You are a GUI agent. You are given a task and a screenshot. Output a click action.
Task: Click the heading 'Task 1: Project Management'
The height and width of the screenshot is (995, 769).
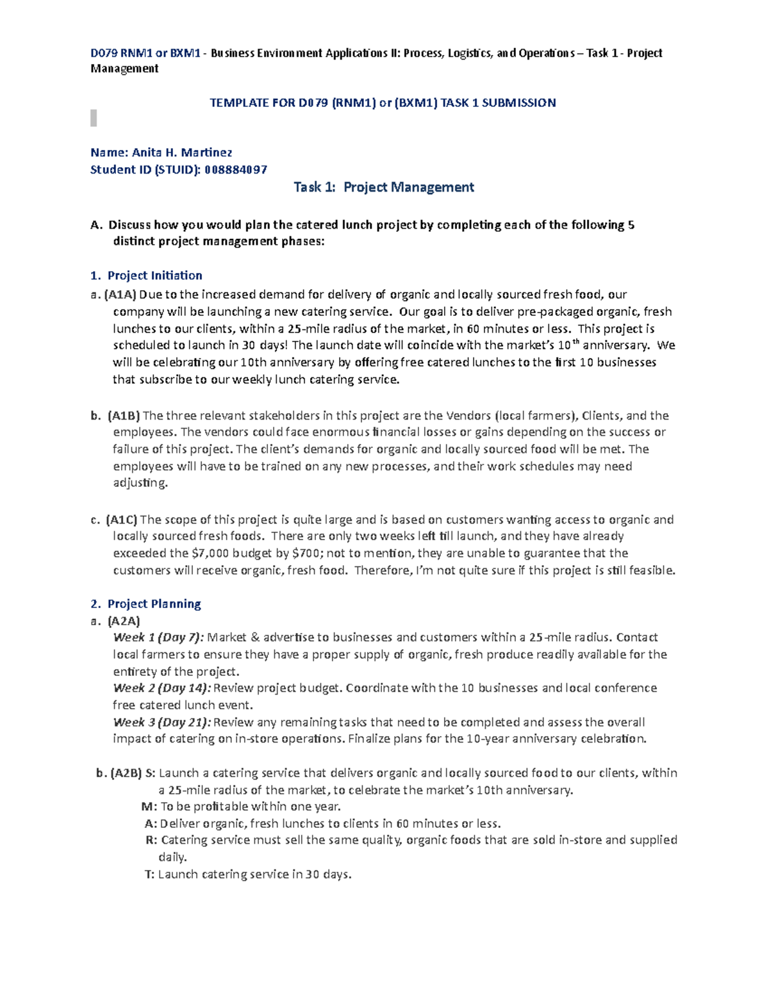pos(383,187)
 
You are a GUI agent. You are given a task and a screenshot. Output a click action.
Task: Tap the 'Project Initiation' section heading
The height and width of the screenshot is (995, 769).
pos(154,275)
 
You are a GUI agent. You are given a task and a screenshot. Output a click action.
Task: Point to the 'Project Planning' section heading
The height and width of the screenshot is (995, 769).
pos(154,604)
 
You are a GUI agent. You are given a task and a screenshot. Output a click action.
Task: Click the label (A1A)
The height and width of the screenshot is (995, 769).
pos(120,295)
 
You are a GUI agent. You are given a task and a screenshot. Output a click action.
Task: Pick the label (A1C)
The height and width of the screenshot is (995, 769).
pos(122,520)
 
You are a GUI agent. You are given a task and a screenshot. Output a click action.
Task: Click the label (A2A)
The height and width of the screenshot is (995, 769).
pos(124,621)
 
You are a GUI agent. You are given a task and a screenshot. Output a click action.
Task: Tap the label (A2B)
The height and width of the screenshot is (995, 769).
pos(126,773)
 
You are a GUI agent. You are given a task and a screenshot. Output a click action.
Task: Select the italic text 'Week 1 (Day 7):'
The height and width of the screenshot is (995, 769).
pos(159,637)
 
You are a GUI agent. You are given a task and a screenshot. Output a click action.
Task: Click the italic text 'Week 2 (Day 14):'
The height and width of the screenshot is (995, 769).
pos(161,688)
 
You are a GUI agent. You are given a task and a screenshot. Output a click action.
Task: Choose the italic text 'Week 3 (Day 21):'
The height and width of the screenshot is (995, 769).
pos(161,722)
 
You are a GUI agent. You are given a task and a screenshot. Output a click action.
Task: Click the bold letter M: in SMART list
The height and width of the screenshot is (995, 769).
pos(149,807)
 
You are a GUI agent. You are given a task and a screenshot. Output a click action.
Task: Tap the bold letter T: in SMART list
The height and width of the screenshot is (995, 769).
pos(150,874)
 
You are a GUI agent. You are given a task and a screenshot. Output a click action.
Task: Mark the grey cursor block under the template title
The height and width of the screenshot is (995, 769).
pos(94,118)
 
